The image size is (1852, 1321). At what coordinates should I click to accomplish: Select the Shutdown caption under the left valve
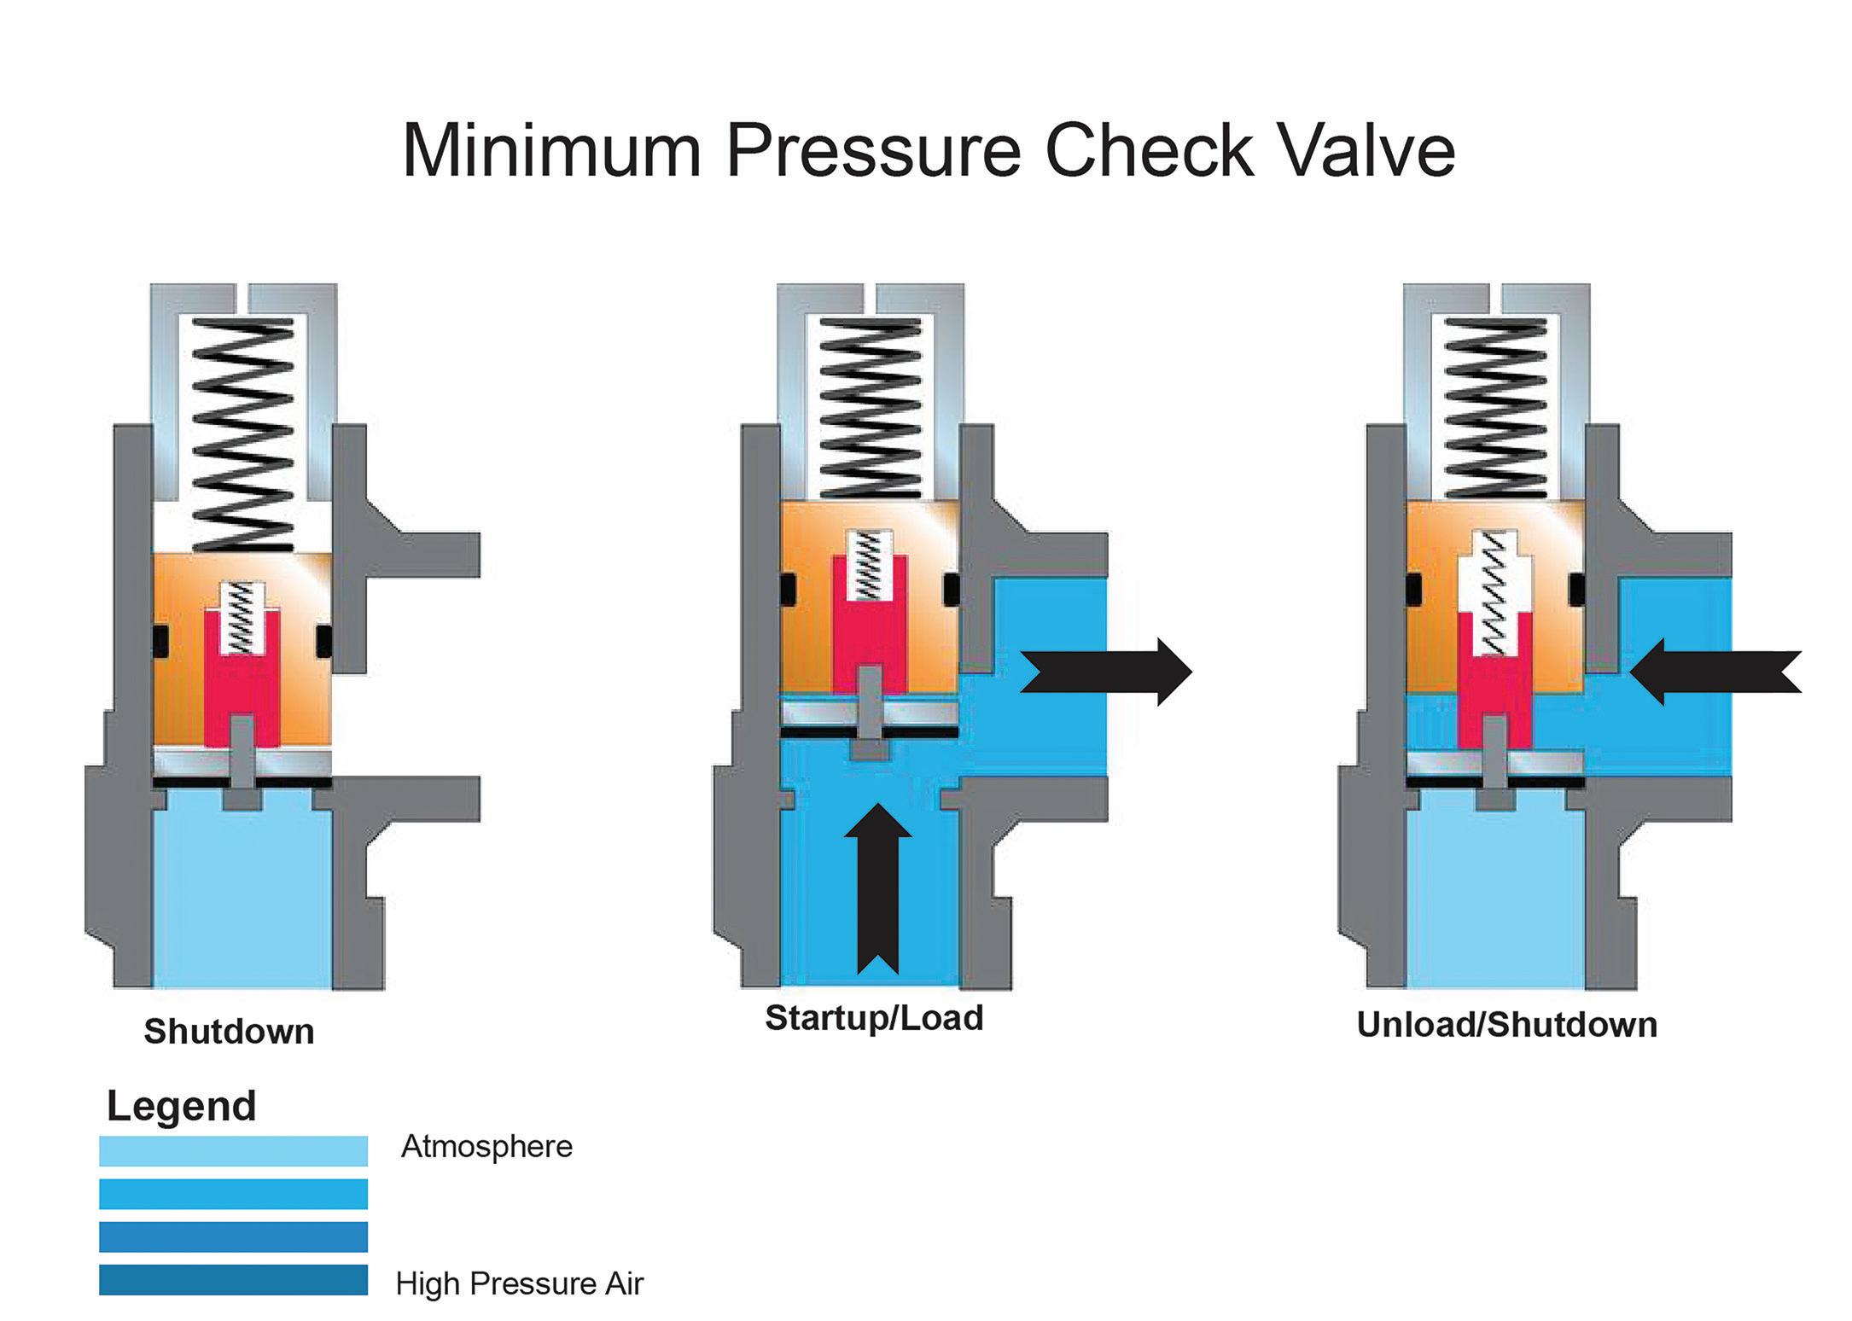[x=229, y=1031]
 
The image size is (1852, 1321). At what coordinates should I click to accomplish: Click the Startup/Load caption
[x=874, y=1017]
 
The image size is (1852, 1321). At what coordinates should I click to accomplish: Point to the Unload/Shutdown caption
[x=1506, y=1024]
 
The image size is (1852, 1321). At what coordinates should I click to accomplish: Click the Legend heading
[x=181, y=1106]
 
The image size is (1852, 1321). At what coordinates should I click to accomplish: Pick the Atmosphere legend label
[x=486, y=1146]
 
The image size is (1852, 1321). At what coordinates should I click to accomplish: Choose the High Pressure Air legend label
[x=519, y=1283]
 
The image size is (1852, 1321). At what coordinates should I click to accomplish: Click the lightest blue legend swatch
[x=233, y=1150]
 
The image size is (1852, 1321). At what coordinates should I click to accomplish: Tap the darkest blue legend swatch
[x=233, y=1280]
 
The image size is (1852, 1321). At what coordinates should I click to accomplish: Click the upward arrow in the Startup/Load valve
[x=877, y=887]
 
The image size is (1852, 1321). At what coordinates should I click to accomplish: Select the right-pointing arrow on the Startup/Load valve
[x=1106, y=671]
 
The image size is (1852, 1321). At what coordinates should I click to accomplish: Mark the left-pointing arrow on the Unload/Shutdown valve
[x=1715, y=672]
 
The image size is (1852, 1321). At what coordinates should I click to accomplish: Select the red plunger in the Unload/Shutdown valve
[x=1494, y=683]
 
